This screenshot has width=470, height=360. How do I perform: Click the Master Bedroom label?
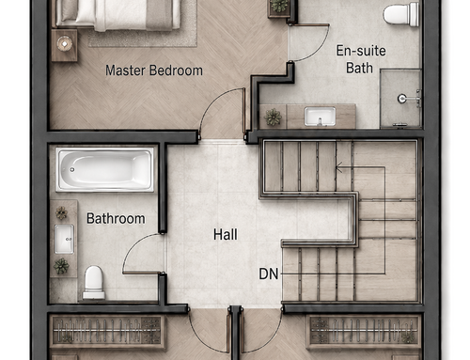tap(154, 70)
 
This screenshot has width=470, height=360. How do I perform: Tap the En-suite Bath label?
tap(361, 59)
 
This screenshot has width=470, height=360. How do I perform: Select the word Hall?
tap(226, 234)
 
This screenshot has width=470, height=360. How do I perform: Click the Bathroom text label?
tap(116, 218)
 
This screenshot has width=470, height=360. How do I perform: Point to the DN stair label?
tap(269, 274)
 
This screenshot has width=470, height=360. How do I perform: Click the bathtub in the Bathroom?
tap(104, 169)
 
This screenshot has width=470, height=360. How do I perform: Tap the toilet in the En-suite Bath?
tap(401, 14)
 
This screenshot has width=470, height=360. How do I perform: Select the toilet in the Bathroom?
tap(93, 283)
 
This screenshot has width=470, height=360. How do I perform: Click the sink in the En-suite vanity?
tap(320, 117)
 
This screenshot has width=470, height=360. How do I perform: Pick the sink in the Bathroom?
tap(64, 239)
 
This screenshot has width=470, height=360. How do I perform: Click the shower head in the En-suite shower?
tap(402, 99)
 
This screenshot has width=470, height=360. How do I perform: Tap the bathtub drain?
tap(72, 169)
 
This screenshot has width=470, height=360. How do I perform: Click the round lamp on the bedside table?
tap(65, 44)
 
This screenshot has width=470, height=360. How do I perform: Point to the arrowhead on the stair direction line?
tap(338, 167)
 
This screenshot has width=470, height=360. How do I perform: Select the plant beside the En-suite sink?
tap(273, 117)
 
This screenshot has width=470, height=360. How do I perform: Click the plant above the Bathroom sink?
tap(61, 213)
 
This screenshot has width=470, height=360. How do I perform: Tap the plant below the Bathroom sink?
tap(61, 266)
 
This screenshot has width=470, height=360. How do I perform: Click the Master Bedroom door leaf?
tap(243, 114)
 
